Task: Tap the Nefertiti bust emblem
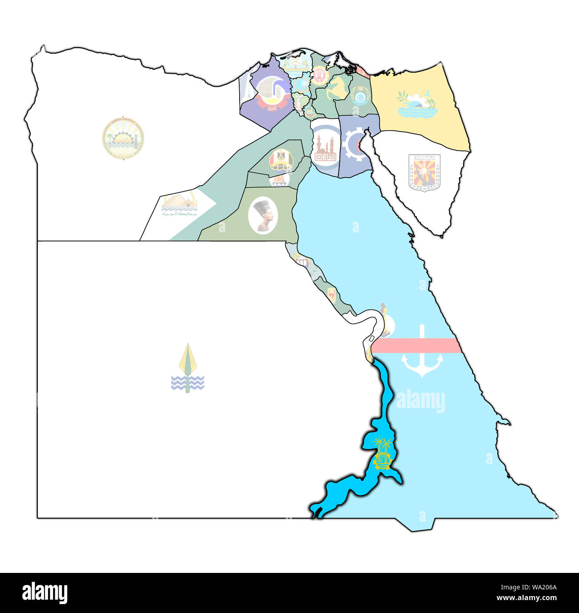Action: (263, 215)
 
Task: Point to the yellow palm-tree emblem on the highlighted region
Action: (383, 454)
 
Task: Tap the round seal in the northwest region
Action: (123, 138)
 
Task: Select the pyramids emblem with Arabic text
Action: (179, 205)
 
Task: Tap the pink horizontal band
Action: (416, 345)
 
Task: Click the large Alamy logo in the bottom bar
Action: (45, 593)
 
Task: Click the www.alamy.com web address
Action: (528, 597)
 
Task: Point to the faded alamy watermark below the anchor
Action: (420, 401)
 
